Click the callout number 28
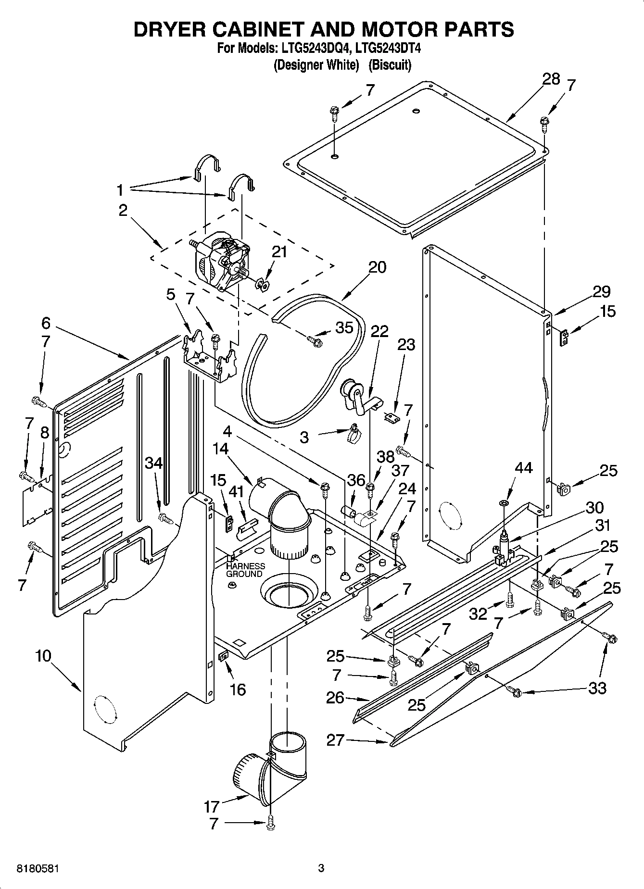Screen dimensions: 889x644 click(551, 79)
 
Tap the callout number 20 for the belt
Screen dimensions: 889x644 click(377, 267)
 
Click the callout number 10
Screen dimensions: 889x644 click(43, 656)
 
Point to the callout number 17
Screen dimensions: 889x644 click(211, 806)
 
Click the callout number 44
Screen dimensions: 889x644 click(523, 468)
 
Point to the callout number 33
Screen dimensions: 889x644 click(597, 689)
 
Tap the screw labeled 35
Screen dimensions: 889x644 click(315, 342)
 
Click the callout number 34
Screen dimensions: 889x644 click(154, 463)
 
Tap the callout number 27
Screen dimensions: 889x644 click(335, 739)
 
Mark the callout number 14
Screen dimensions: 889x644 click(221, 449)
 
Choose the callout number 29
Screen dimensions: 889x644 click(601, 292)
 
